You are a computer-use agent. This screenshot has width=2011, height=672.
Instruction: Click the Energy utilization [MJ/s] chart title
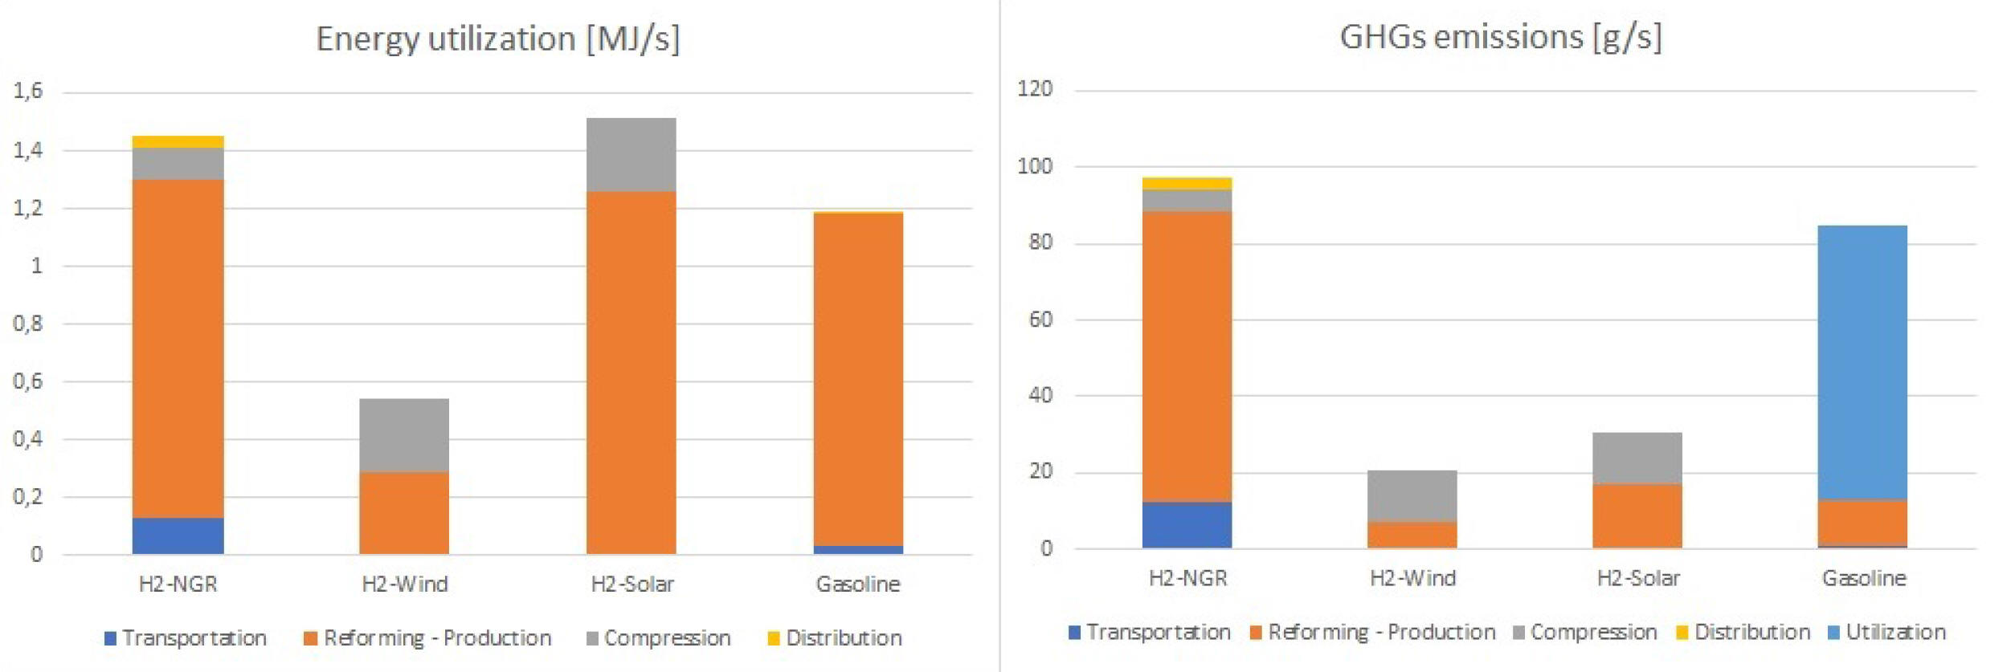[x=497, y=39]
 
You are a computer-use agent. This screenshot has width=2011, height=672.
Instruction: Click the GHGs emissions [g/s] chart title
[x=1500, y=38]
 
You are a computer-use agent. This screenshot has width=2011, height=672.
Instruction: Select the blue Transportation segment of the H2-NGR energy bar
[x=178, y=536]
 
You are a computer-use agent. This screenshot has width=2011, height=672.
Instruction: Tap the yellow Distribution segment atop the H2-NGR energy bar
[x=178, y=142]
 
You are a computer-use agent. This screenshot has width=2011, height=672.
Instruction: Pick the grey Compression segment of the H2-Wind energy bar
[x=404, y=435]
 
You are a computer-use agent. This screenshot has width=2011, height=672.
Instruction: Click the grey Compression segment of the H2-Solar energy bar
[x=631, y=155]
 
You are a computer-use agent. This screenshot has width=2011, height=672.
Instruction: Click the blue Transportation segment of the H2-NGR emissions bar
[x=1187, y=525]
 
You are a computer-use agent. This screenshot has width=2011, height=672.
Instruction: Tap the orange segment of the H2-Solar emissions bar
[x=1637, y=515]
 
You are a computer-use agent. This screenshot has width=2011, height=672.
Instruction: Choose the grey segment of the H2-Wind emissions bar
[x=1412, y=496]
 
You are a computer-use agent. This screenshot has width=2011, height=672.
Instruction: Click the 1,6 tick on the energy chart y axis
[x=28, y=91]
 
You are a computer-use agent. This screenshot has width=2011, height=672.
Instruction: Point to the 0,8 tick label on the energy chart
[x=28, y=324]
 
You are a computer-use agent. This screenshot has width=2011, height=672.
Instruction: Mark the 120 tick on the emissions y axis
[x=1035, y=89]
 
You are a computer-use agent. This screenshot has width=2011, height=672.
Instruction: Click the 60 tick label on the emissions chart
[x=1040, y=320]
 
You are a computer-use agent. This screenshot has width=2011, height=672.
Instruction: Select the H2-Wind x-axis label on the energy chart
[x=404, y=584]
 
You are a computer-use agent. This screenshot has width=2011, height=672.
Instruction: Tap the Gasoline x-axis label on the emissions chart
[x=1864, y=578]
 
